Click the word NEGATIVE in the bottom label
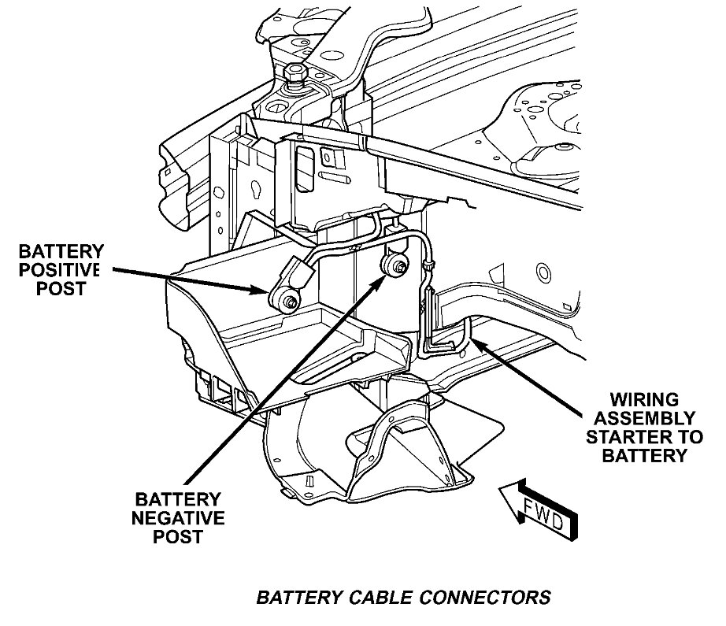[x=180, y=518]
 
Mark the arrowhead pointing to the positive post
[x=260, y=291]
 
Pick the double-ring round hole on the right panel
[x=542, y=274]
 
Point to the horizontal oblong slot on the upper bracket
[x=342, y=180]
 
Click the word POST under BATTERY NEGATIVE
[x=180, y=538]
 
